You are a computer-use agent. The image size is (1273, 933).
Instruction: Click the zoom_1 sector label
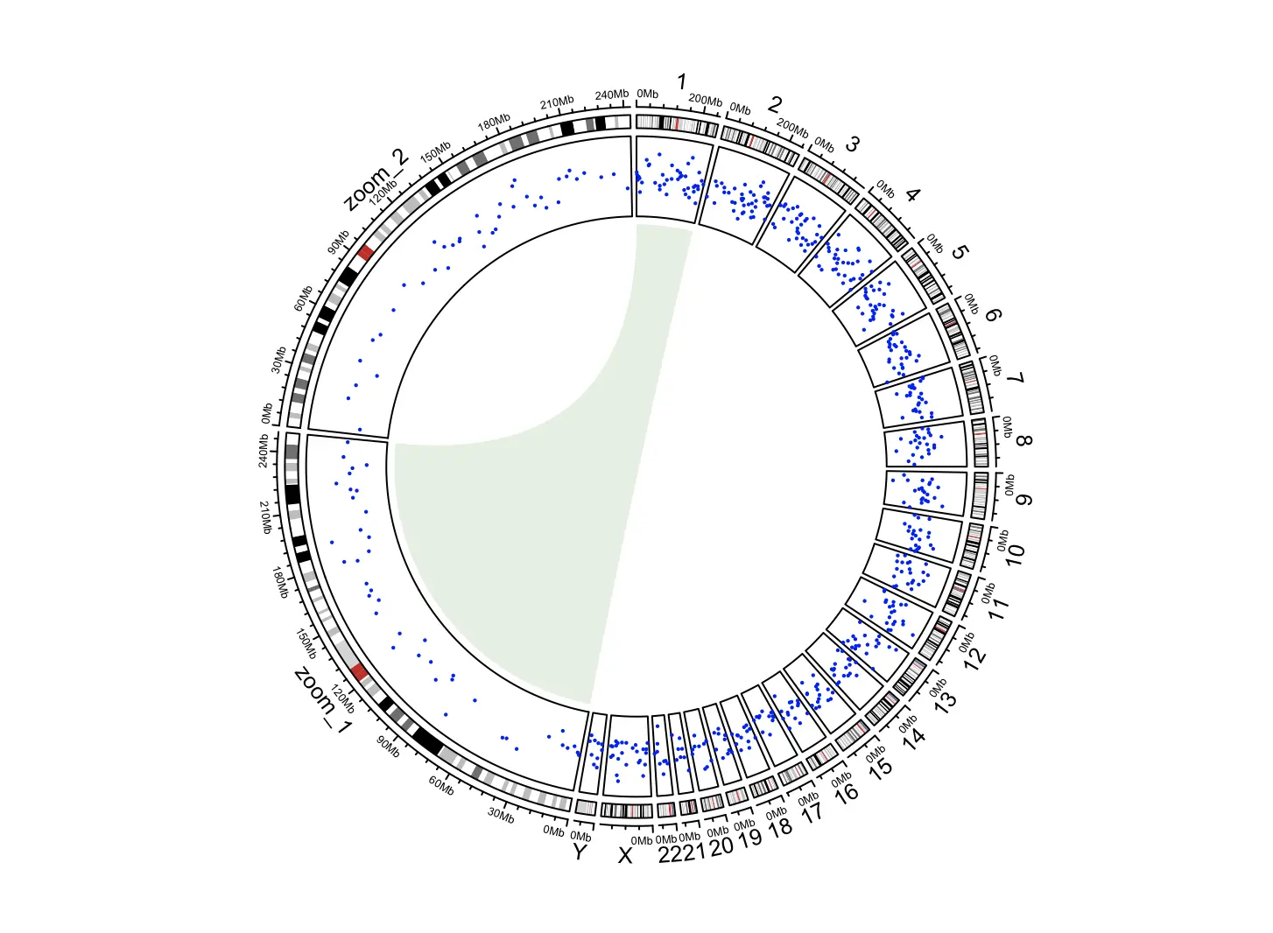pos(322,700)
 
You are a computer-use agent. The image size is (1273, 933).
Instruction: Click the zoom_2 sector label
pos(376,179)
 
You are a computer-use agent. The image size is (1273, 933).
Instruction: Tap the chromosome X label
pos(624,855)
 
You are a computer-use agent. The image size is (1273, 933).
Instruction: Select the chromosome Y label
pos(579,852)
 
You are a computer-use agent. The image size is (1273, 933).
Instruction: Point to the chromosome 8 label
pos(1024,439)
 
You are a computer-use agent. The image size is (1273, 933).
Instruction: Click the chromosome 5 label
pos(960,252)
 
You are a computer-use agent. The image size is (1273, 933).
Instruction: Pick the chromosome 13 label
pos(945,703)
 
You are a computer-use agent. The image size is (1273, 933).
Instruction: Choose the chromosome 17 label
pos(812,811)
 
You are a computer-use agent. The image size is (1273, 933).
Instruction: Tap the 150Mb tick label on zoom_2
pos(435,151)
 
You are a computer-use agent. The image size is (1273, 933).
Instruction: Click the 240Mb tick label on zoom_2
pos(612,95)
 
